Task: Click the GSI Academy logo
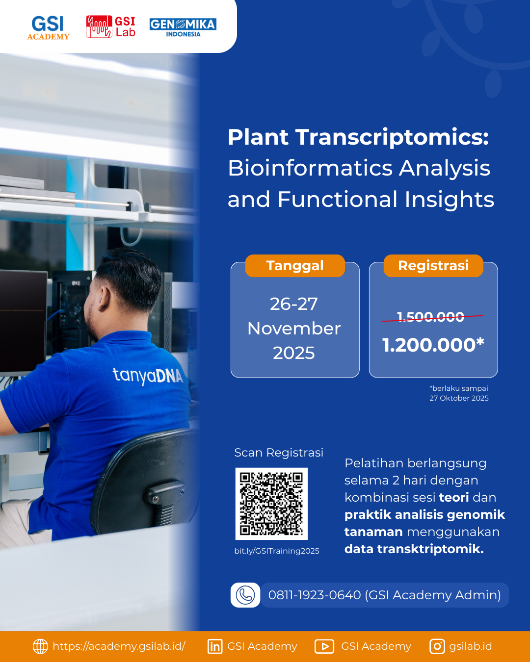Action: pos(48,27)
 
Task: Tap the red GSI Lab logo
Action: pos(110,27)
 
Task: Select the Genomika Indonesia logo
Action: pos(183,27)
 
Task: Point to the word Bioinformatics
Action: pos(310,168)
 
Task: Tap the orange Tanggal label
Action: pos(295,266)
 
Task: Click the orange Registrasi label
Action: pos(433,266)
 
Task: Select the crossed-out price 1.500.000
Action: pos(430,317)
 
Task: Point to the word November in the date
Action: pos(294,329)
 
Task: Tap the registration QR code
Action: pos(271,504)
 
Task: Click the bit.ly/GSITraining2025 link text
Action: pos(277,551)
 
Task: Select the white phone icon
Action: pos(245,595)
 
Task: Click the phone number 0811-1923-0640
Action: pos(315,595)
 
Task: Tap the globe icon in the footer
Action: pos(40,646)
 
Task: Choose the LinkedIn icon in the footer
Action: pos(215,646)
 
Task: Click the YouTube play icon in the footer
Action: pos(324,646)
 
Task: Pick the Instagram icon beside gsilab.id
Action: pos(437,646)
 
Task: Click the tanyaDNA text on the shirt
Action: pos(148,376)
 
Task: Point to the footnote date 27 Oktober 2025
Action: pos(459,398)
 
